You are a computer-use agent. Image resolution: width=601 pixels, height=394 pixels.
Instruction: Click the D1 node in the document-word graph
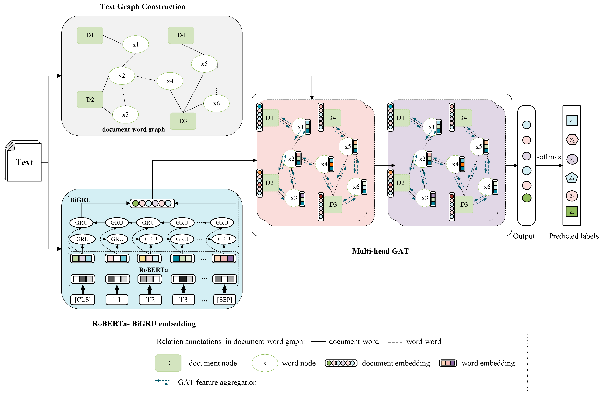click(x=90, y=35)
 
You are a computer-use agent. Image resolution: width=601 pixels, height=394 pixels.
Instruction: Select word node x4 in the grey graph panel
click(x=170, y=81)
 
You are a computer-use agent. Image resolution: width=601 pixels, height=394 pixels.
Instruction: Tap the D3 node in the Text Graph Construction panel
click(x=183, y=121)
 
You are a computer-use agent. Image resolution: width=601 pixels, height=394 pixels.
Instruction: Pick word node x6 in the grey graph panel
click(x=216, y=103)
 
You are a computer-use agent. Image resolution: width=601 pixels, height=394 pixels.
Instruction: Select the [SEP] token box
click(x=224, y=300)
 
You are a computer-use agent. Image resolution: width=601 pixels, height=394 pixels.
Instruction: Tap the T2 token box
click(x=150, y=300)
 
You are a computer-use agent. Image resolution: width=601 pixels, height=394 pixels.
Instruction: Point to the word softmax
click(x=549, y=157)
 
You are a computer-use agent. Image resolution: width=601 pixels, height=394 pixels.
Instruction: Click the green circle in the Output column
click(x=526, y=198)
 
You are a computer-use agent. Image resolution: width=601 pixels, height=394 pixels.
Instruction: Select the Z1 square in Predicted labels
click(x=572, y=120)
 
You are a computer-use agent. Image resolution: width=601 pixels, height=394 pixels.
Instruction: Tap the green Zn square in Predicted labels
click(x=572, y=212)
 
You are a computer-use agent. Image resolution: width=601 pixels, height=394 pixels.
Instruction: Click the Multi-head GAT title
click(x=380, y=251)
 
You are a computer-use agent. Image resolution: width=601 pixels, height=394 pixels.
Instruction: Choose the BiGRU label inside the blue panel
click(x=80, y=200)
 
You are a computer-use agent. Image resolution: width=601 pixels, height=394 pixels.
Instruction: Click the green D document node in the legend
click(x=168, y=363)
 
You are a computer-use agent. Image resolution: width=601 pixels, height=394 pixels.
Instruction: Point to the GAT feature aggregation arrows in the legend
click(x=162, y=382)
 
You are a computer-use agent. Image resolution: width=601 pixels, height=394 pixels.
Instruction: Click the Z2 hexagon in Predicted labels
click(x=572, y=140)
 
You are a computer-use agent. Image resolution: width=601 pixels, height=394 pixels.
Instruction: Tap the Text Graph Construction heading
click(x=143, y=7)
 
